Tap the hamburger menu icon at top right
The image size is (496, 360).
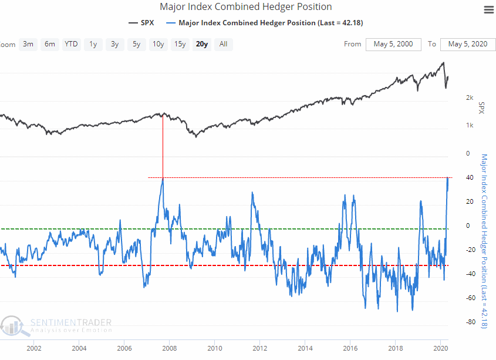pyautogui.click(x=488, y=10)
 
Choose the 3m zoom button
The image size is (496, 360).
pyautogui.click(x=28, y=44)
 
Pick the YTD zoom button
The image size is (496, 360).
pyautogui.click(x=72, y=44)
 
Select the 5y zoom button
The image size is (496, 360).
pyautogui.click(x=136, y=44)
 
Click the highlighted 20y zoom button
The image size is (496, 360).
pyautogui.click(x=201, y=44)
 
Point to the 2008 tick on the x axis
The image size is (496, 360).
pyautogui.click(x=169, y=348)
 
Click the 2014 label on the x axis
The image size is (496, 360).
pyautogui.click(x=305, y=348)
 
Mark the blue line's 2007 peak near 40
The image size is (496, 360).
pyautogui.click(x=163, y=179)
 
